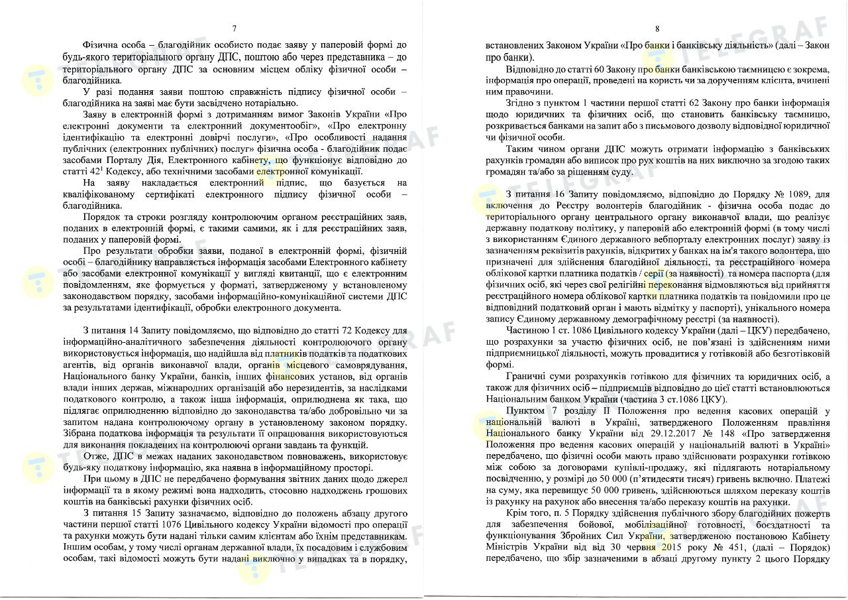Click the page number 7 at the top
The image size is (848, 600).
(x=235, y=29)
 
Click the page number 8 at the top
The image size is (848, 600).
(x=657, y=29)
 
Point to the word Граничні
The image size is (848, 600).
(x=525, y=377)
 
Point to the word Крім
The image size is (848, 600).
(x=517, y=513)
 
